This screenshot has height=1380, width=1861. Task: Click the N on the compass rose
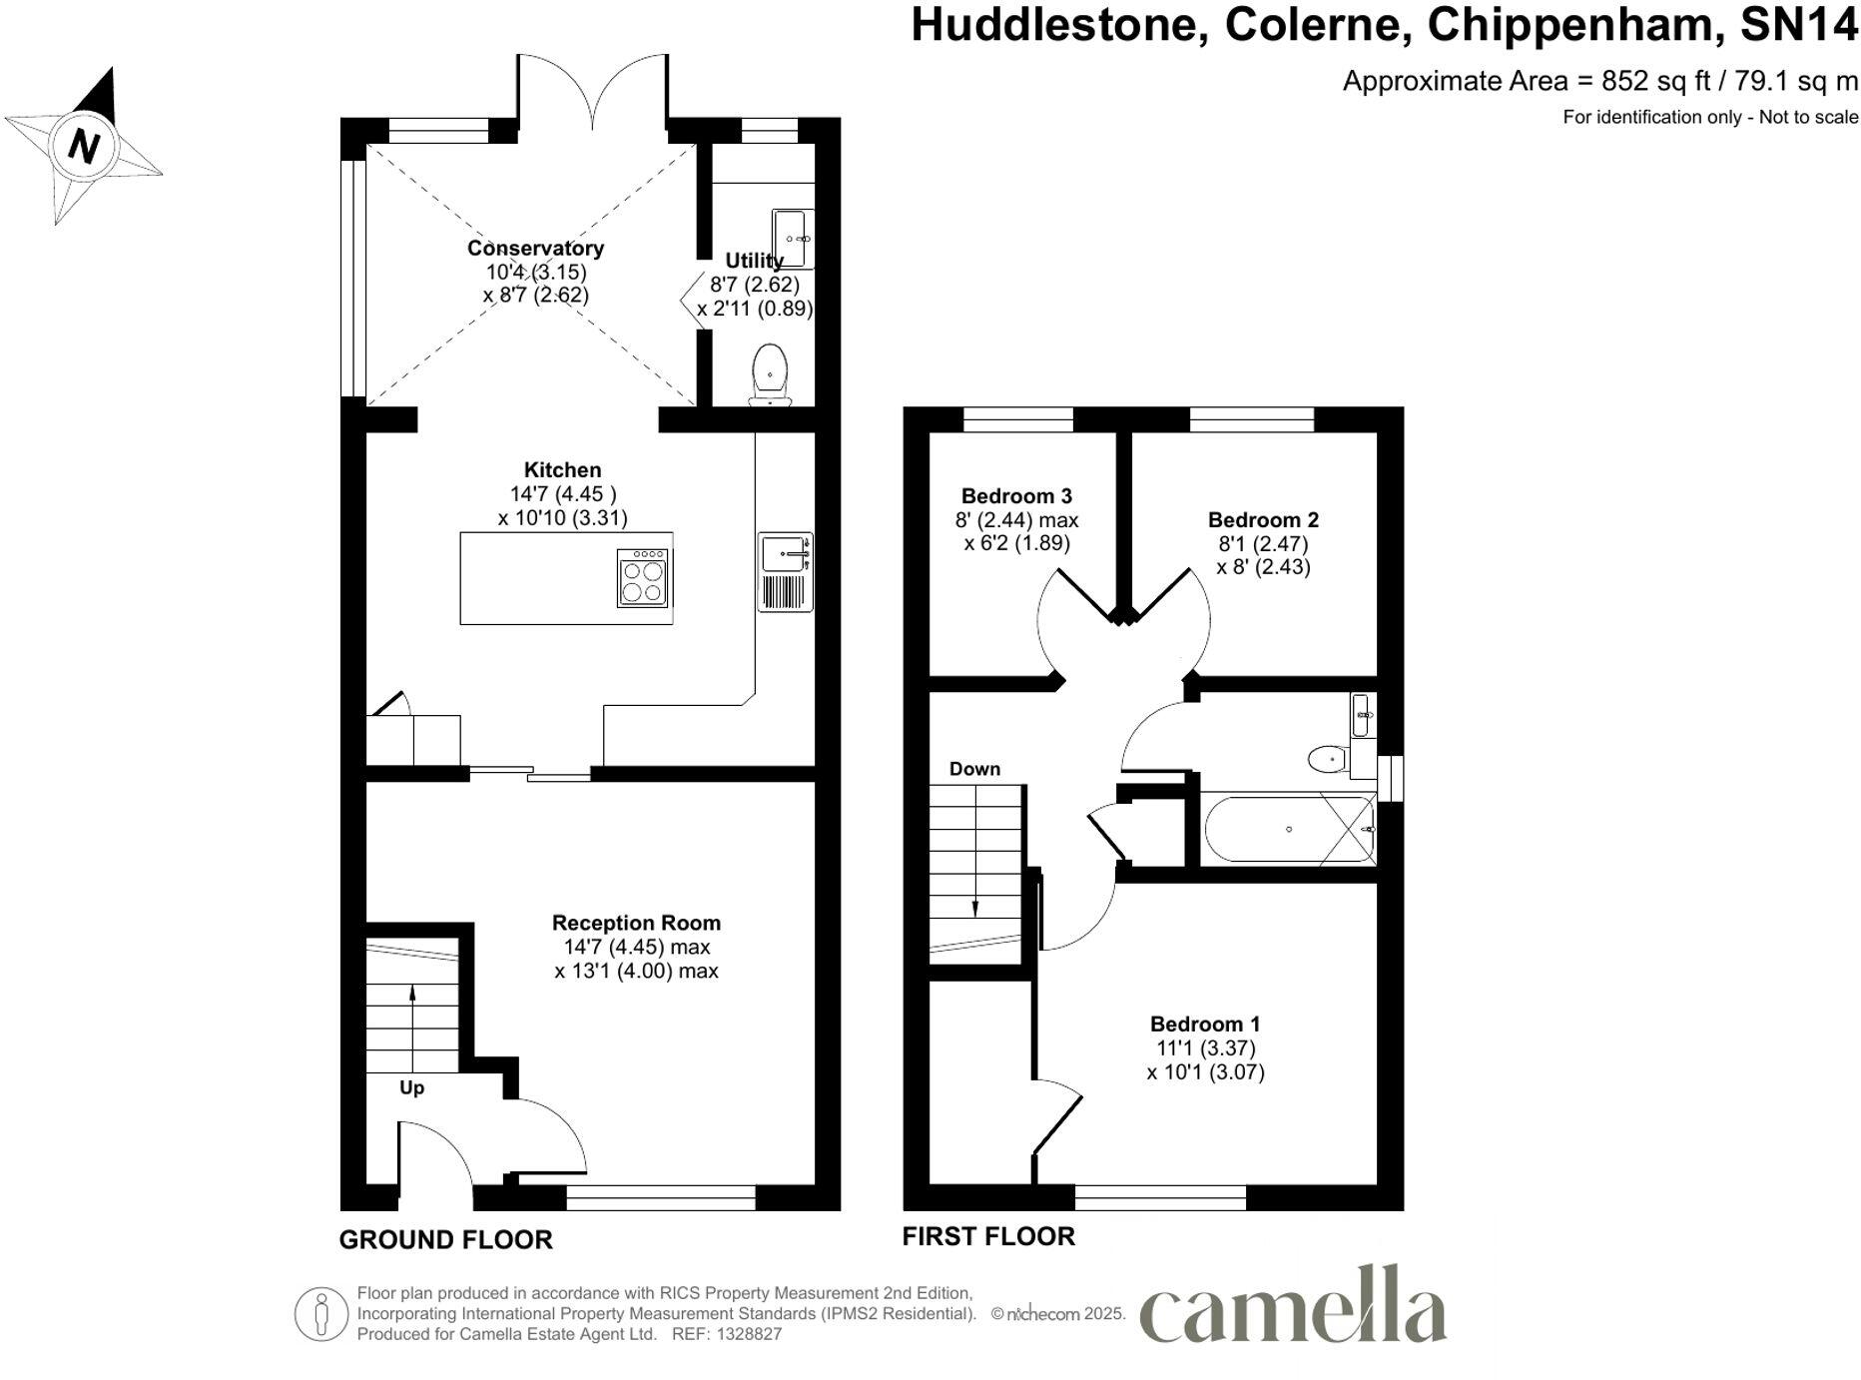tap(84, 146)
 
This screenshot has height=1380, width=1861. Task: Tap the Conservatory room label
tap(535, 248)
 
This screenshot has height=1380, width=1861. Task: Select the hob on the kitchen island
tap(643, 578)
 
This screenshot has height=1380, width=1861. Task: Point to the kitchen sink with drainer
tap(786, 571)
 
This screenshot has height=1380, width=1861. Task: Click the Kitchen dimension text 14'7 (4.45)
tap(563, 493)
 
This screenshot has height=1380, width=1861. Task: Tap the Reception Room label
tap(636, 923)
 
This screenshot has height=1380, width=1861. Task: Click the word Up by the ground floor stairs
tap(411, 1087)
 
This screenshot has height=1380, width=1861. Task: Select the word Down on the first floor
tap(974, 769)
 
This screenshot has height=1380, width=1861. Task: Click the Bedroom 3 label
tap(1016, 495)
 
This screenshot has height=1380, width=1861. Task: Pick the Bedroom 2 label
tap(1263, 519)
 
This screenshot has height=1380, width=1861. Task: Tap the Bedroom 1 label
tap(1205, 1024)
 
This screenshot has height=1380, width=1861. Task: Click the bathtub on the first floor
tap(1288, 829)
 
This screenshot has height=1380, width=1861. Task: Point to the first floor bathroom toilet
tap(1329, 760)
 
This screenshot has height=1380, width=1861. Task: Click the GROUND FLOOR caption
tap(445, 1239)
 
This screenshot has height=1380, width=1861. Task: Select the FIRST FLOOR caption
tap(988, 1236)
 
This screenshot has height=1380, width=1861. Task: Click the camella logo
tap(1293, 1306)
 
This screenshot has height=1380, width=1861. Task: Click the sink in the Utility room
tap(792, 238)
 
